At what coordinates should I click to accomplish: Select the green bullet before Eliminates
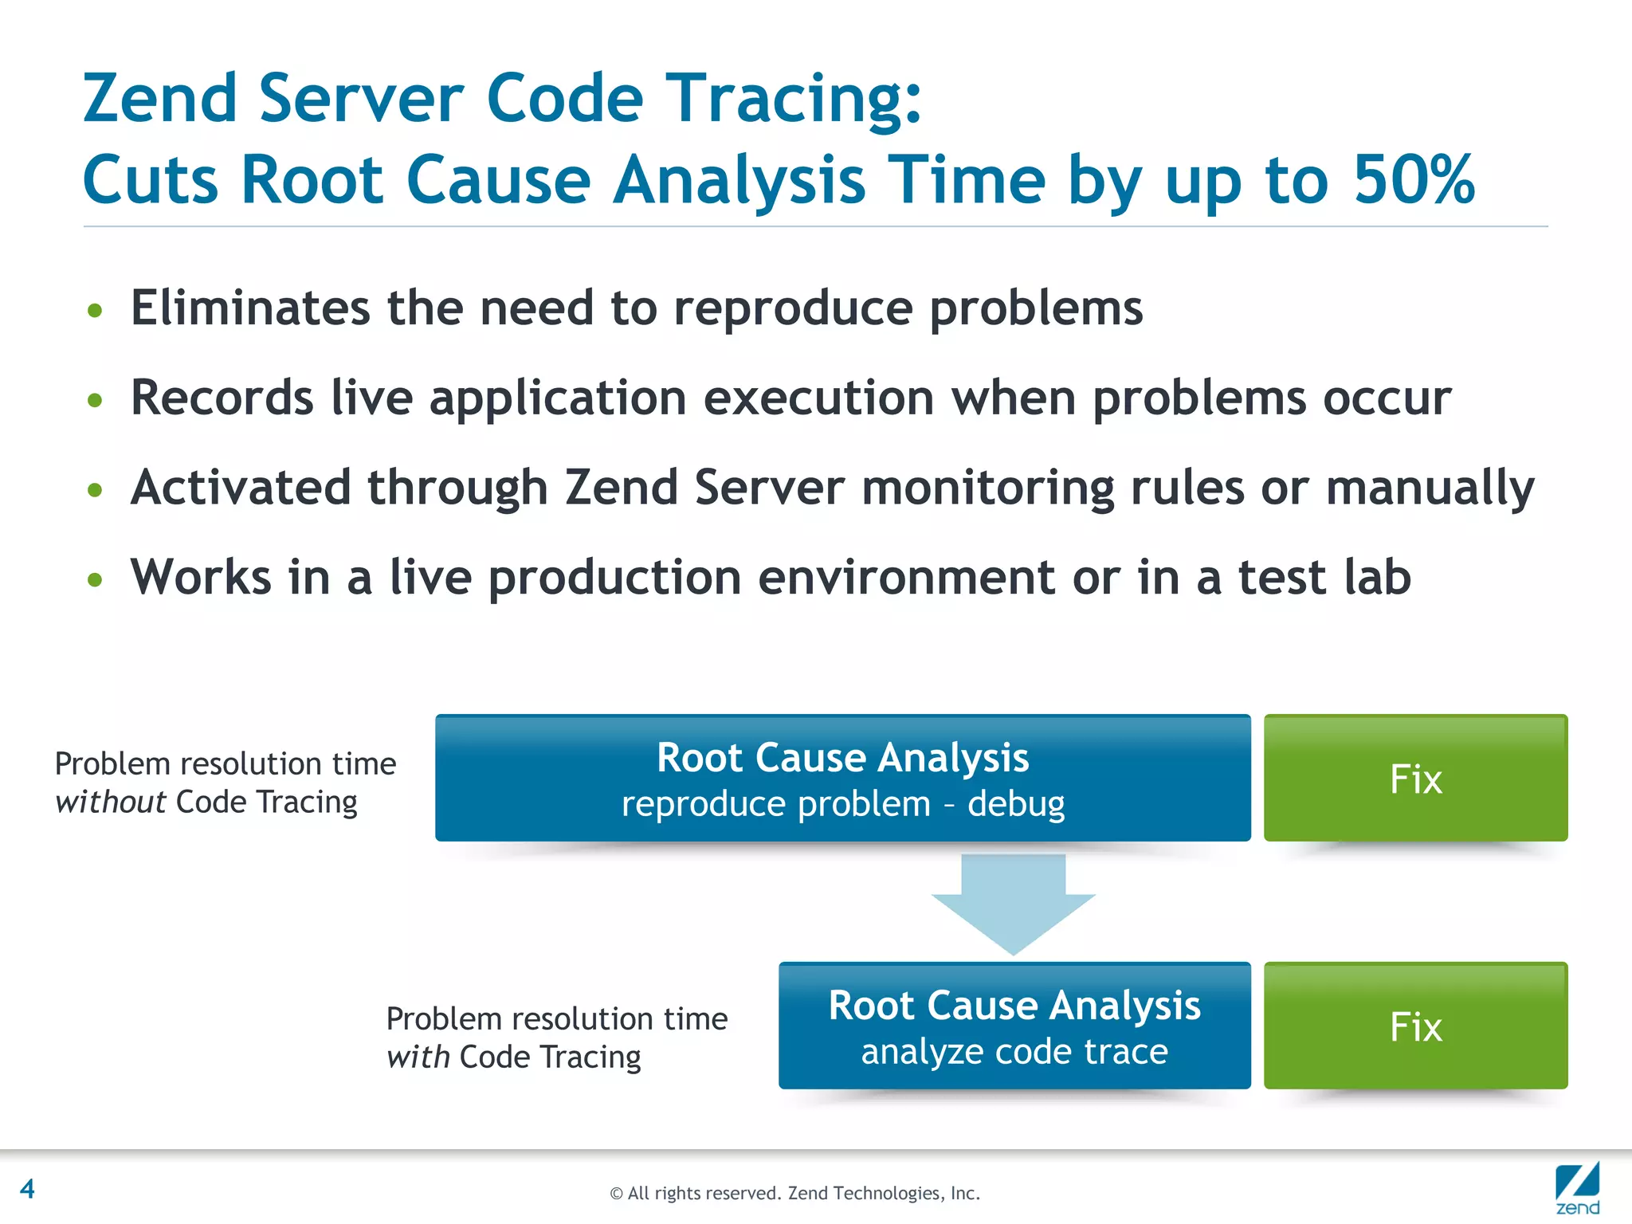(95, 310)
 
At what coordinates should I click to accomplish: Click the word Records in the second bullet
(222, 398)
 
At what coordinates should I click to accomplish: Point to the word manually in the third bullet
(1430, 488)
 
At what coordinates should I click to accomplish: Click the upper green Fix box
(1415, 779)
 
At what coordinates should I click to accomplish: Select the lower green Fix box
(1415, 1026)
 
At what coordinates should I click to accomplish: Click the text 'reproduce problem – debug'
(842, 804)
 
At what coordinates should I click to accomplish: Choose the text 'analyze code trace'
(1014, 1052)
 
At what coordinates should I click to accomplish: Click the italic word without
(110, 802)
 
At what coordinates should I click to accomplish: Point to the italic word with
(418, 1057)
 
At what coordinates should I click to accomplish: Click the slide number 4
(27, 1189)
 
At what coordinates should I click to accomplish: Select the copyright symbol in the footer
(615, 1194)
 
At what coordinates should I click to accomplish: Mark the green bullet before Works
(95, 579)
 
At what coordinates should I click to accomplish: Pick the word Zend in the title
(160, 99)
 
